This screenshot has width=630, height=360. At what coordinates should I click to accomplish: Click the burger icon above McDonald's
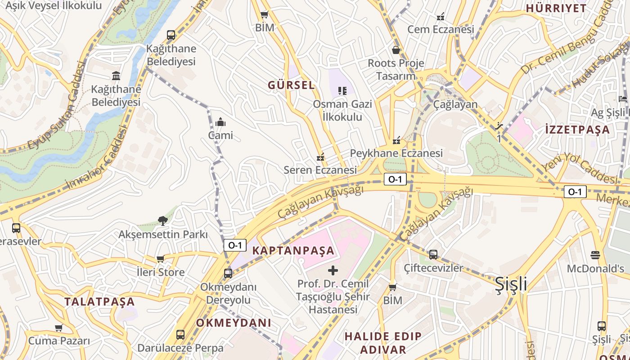pos(595,255)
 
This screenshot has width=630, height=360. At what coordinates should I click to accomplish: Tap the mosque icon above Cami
pos(220,122)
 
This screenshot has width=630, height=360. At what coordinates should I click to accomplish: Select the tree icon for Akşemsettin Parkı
pos(162,220)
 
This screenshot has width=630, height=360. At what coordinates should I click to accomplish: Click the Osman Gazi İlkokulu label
pos(342,111)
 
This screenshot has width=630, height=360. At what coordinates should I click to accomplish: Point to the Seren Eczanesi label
pos(320,170)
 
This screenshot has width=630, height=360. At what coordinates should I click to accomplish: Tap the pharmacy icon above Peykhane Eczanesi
pos(396,140)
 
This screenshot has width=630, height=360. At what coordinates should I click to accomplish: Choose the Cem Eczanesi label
pos(441,29)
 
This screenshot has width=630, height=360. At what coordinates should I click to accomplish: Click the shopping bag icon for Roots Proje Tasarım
pos(396,50)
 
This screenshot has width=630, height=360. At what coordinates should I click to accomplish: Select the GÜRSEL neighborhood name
pos(291,85)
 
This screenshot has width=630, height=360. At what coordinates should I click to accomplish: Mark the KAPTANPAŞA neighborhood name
pos(293,251)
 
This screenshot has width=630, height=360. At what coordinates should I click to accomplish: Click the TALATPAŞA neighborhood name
pos(99,301)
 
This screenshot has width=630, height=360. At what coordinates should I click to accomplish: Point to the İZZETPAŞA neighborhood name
pos(577,130)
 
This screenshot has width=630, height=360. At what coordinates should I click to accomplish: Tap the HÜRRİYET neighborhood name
pos(556,8)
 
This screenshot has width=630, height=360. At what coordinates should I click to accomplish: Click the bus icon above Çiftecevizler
pos(433,255)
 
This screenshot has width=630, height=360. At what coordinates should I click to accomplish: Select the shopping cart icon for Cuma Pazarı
pos(58,328)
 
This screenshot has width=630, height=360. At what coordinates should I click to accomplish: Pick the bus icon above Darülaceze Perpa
pos(180,335)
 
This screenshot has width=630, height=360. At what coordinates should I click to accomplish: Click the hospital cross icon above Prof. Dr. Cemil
pos(333,270)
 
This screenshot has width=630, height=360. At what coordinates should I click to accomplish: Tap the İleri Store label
pos(161,272)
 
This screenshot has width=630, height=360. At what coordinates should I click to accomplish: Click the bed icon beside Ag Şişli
pos(623,99)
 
